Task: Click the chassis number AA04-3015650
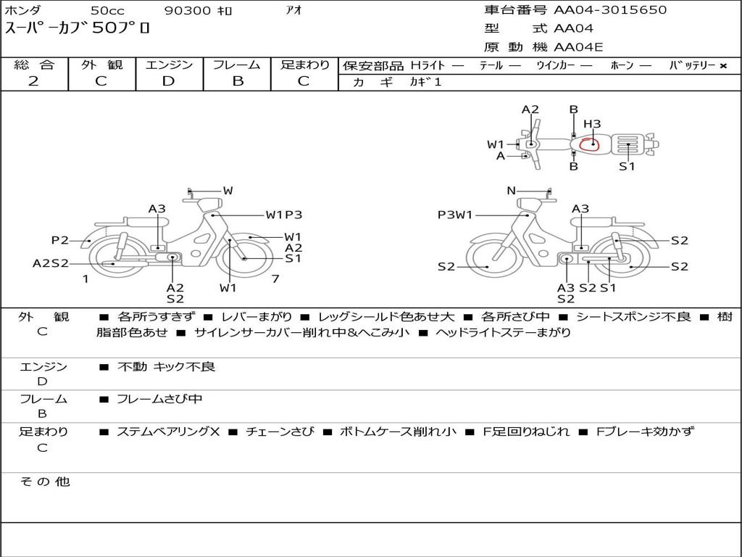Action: pos(610,10)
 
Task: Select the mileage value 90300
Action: pos(188,11)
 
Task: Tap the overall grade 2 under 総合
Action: pos(33,81)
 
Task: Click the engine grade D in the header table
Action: pos(168,81)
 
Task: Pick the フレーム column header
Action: pos(237,65)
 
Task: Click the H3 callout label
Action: pos(592,124)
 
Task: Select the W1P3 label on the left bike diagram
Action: pos(283,215)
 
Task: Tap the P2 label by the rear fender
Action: pos(60,240)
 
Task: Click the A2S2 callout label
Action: pos(51,263)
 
